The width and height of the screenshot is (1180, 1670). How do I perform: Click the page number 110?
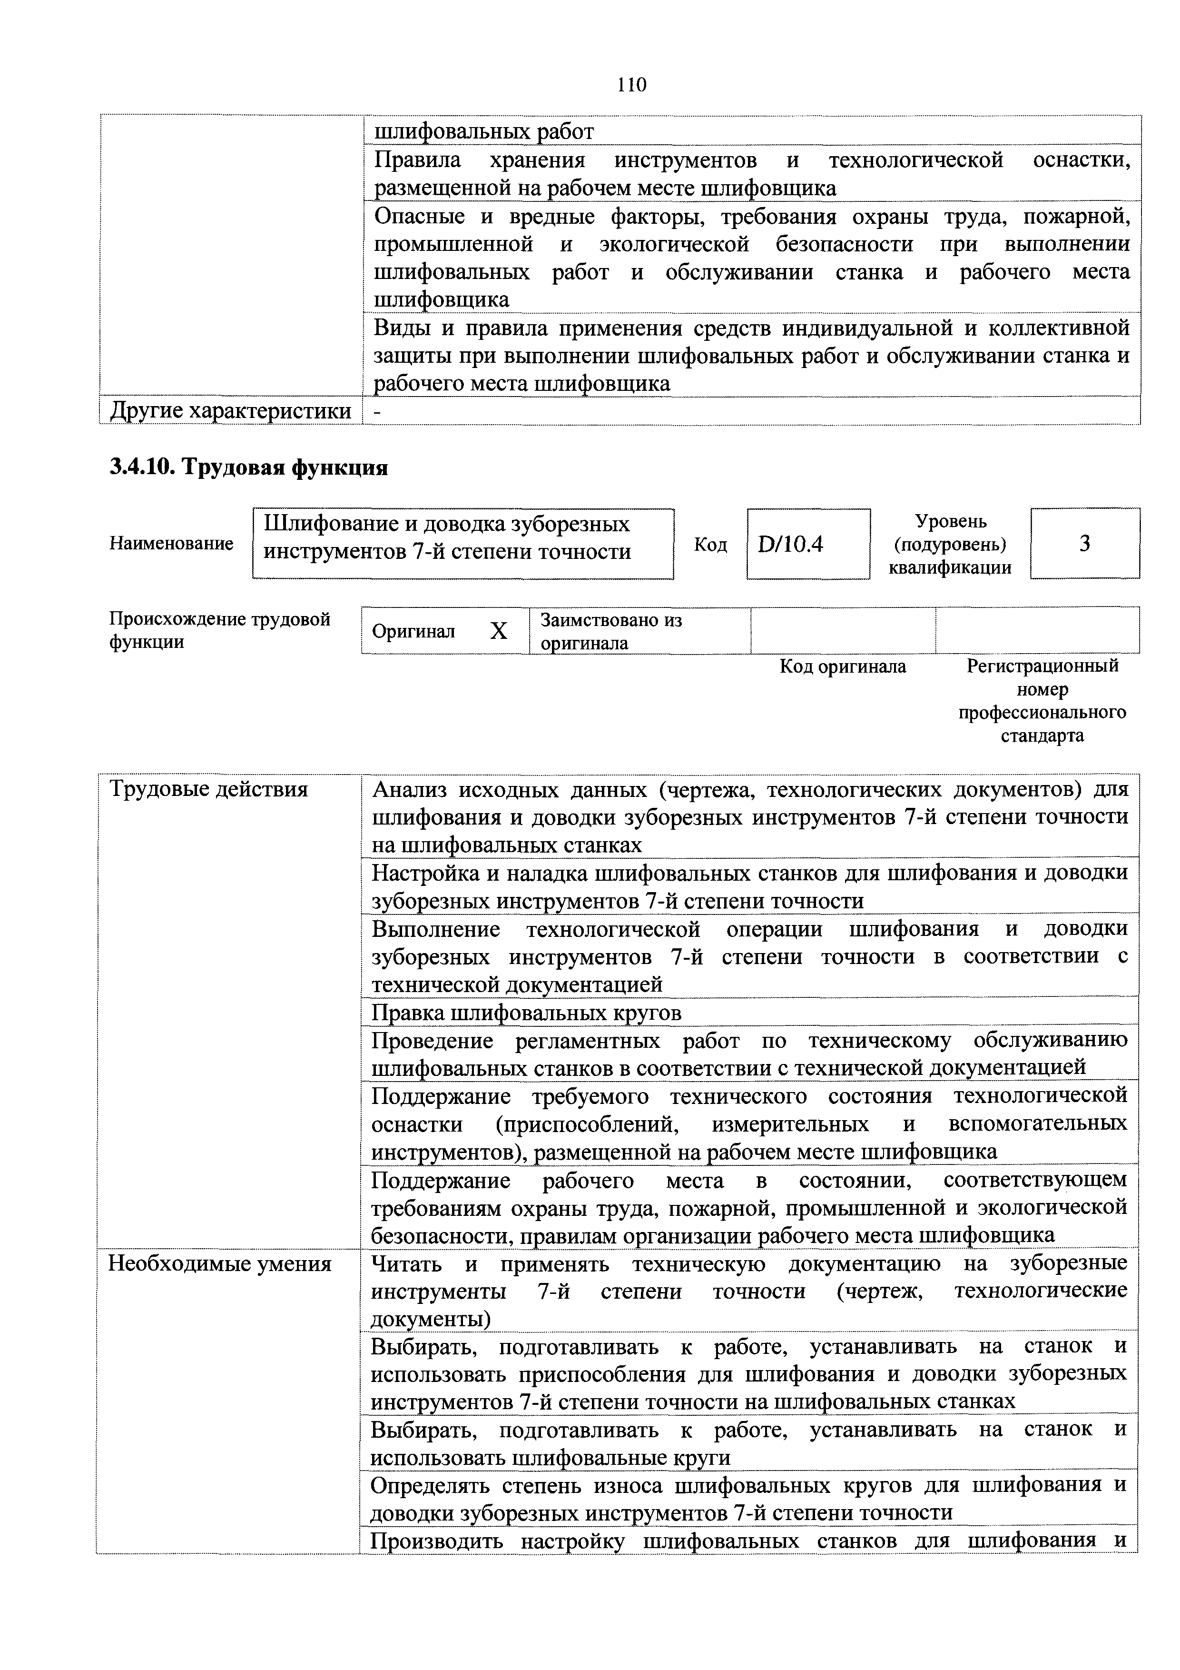click(x=631, y=85)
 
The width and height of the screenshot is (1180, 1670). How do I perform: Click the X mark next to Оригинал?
click(x=498, y=631)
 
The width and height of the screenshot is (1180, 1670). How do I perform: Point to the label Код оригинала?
click(x=843, y=666)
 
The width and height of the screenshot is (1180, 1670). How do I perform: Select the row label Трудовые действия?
click(x=208, y=789)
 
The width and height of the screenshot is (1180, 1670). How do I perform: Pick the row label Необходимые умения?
click(x=219, y=1264)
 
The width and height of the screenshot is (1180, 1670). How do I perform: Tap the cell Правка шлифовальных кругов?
click(x=526, y=1013)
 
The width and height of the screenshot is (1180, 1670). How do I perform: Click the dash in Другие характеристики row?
click(x=376, y=412)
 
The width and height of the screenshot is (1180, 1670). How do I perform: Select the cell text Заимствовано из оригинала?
click(x=611, y=631)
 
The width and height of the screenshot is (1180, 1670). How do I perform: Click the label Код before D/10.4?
click(x=710, y=544)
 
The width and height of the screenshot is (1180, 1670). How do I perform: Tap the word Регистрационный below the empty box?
click(x=1042, y=666)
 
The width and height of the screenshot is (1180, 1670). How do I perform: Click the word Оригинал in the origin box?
click(x=413, y=631)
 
